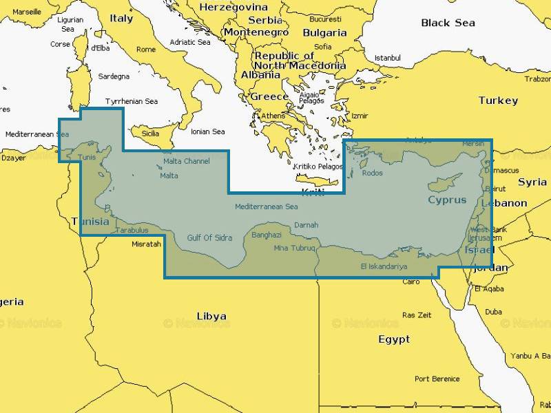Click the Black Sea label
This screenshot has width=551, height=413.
pos(448,23)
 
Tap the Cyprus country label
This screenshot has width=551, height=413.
pos(447,200)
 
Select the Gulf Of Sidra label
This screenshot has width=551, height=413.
pos(209,238)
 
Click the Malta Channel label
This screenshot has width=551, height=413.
pos(186,161)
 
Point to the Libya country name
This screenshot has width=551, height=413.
pos(211,317)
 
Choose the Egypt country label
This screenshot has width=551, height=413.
pos(394,339)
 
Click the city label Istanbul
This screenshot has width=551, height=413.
pos(387,58)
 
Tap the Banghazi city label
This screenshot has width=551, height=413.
pos(267,235)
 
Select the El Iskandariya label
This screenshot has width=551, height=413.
pos(384,266)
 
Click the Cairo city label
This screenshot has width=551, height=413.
pos(410,282)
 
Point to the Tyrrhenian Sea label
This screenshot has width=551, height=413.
pos(132,101)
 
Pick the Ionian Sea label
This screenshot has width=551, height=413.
pos(208,131)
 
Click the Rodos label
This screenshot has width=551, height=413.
pos(372,173)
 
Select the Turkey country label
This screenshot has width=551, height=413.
pos(498,100)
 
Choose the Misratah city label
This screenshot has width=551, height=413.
pos(146,244)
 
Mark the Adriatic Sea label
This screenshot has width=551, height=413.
pos(190,42)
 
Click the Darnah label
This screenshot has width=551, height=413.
pos(306,224)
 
